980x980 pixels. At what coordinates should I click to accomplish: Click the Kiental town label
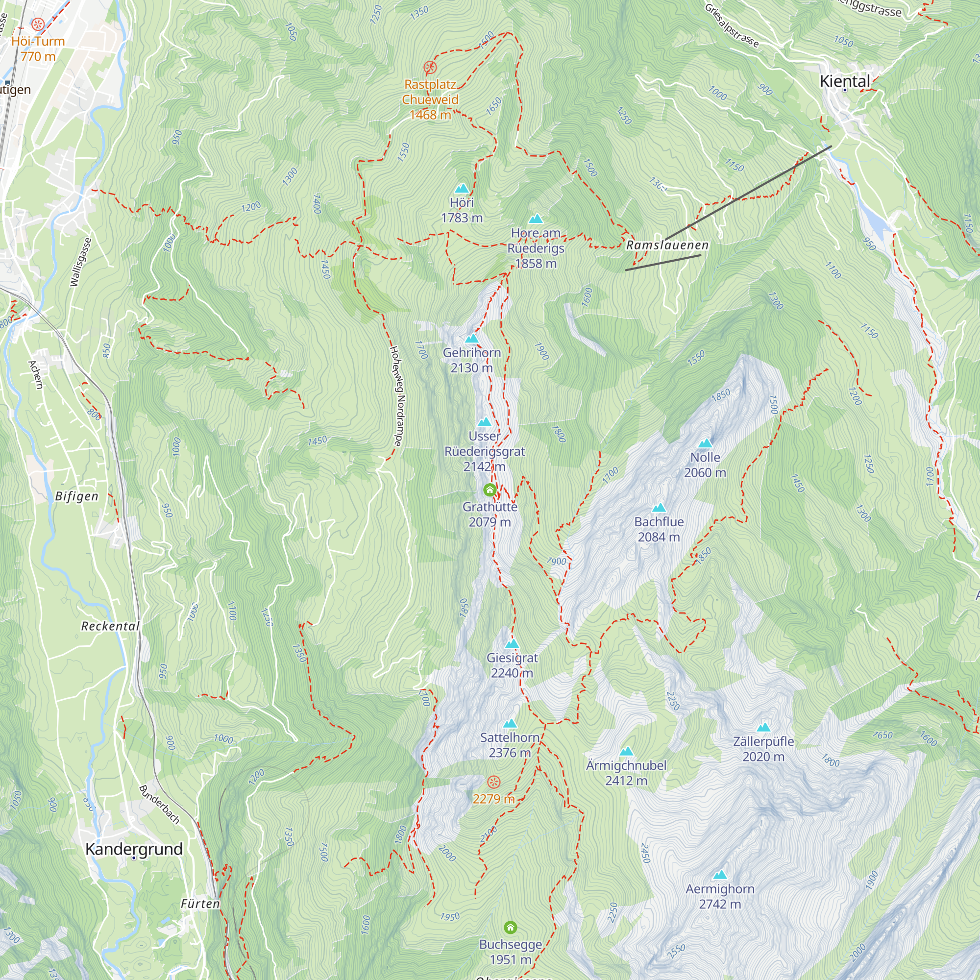tap(845, 81)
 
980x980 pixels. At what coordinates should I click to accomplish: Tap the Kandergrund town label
tap(134, 849)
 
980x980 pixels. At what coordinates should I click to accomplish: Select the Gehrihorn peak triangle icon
tap(472, 338)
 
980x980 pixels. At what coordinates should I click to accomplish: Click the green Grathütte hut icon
tap(490, 490)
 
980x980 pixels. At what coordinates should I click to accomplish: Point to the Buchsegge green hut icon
tap(510, 928)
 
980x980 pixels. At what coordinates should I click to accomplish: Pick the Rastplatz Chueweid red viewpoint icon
tap(430, 67)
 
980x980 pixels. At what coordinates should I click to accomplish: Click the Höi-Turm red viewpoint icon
tap(38, 24)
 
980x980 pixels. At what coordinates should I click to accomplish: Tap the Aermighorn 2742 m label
tap(720, 896)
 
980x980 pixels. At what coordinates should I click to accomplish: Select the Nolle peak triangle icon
tap(705, 443)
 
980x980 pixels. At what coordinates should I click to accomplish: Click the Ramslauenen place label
tap(667, 245)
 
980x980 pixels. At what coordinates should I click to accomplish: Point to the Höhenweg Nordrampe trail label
tap(396, 395)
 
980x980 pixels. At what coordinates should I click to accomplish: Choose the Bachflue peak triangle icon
tap(659, 508)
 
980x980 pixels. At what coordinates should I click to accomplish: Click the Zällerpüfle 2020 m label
tap(763, 749)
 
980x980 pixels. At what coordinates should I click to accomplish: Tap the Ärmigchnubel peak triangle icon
tap(626, 751)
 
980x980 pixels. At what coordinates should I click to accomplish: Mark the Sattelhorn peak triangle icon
tap(510, 723)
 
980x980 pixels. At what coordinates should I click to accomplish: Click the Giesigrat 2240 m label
tap(512, 665)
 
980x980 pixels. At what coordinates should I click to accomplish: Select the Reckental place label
tap(110, 626)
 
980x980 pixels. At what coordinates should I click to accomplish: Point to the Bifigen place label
tap(76, 496)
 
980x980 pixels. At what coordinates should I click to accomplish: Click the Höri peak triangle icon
tap(462, 189)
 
